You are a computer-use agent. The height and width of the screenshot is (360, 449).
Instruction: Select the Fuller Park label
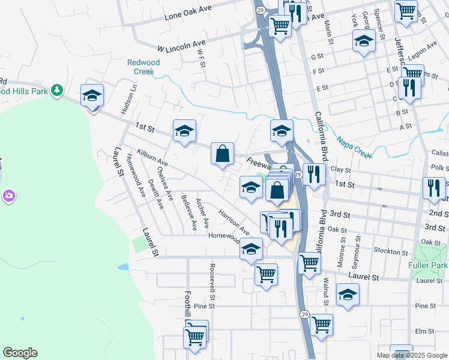427,265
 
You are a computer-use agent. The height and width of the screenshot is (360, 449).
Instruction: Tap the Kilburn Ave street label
151,158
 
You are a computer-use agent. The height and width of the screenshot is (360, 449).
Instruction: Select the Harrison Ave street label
234,221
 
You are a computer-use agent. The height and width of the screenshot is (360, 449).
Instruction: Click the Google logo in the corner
20,353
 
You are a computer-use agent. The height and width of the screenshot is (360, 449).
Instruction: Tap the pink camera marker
8,196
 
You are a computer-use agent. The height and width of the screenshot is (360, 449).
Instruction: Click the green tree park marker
57,90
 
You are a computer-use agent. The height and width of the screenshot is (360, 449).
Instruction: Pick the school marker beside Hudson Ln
92,95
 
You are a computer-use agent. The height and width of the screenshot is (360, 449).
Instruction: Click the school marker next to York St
363,41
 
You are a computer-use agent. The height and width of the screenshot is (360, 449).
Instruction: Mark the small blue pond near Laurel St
123,266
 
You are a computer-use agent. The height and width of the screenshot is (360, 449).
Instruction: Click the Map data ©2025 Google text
412,355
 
